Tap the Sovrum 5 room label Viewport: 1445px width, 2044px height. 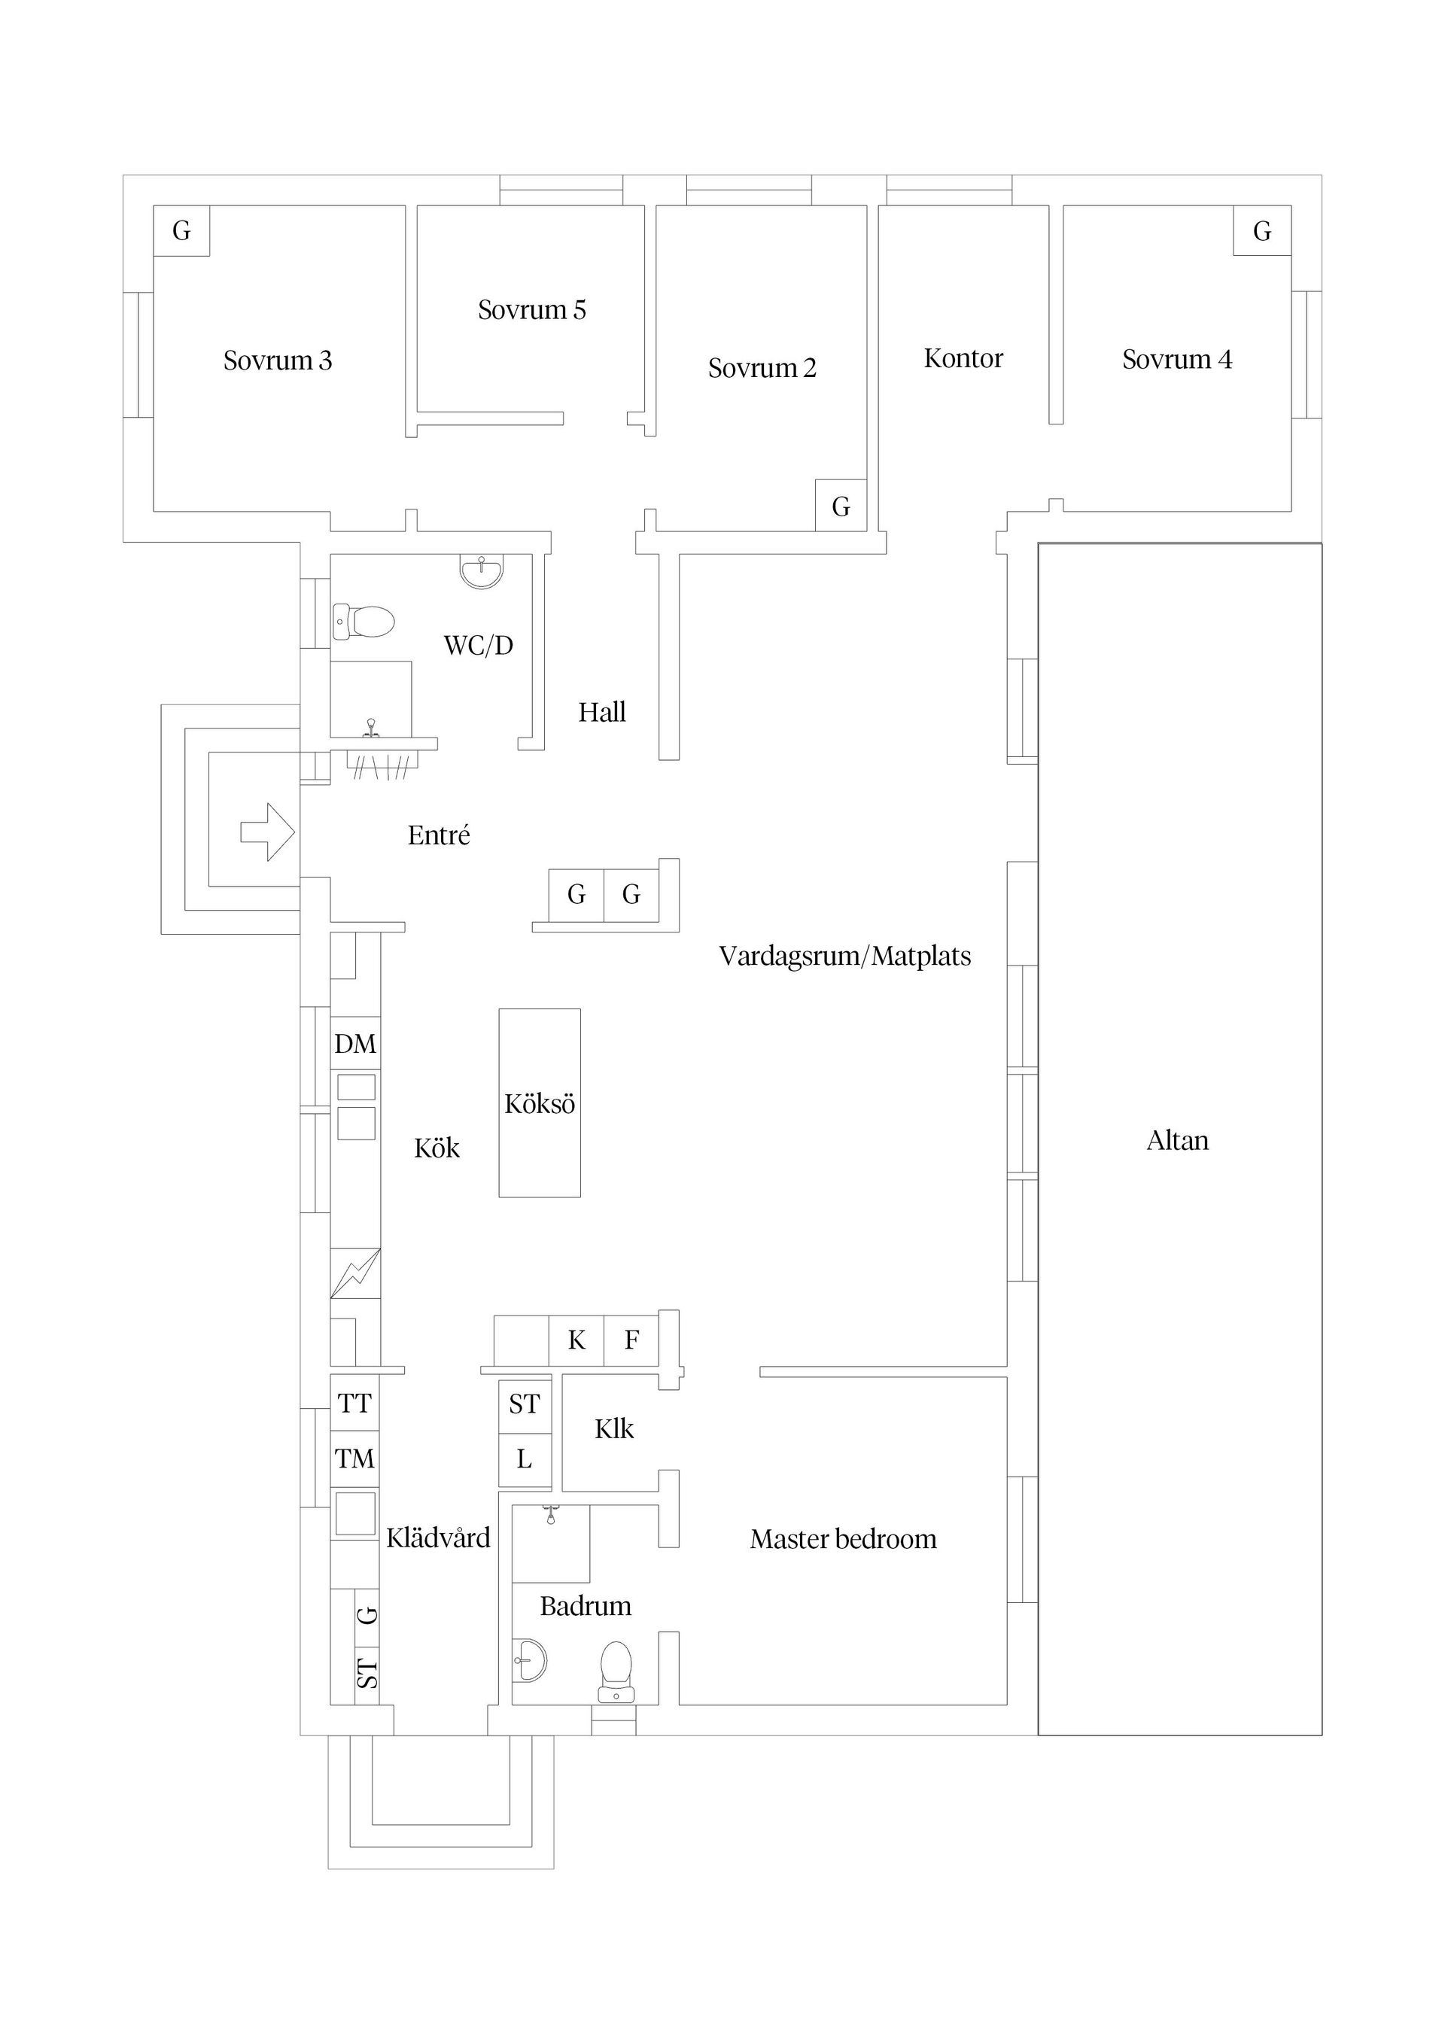(x=531, y=310)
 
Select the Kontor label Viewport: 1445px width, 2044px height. (x=963, y=358)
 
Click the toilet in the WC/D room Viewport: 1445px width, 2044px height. (x=364, y=622)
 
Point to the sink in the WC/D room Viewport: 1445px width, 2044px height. (x=482, y=570)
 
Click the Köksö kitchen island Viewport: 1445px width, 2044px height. (x=540, y=1103)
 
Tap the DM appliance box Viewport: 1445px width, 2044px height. (x=355, y=1043)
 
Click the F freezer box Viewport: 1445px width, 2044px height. (x=631, y=1340)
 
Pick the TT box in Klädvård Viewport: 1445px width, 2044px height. (x=354, y=1404)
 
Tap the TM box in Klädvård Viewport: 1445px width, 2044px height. (x=354, y=1458)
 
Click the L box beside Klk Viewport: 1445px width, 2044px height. (x=525, y=1459)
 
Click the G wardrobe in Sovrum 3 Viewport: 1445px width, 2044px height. (x=181, y=230)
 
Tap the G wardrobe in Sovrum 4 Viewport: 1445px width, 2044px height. (x=1261, y=230)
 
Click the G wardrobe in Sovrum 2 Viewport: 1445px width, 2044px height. (x=841, y=506)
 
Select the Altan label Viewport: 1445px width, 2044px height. (x=1177, y=1140)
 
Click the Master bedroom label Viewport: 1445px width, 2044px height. (x=842, y=1538)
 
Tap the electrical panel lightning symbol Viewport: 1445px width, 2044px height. (x=355, y=1273)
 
